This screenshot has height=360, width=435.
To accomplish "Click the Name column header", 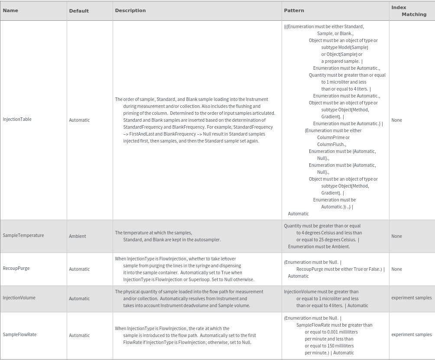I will pos(10,10).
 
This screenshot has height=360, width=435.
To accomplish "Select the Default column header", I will pos(79,11).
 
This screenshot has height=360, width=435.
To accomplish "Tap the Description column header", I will pos(130,10).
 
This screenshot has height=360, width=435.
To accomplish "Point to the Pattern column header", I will pos(294,10).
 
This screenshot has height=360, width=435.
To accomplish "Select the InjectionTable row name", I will pos(17,119).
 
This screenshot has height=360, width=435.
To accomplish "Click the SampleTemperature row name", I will pos(23,235).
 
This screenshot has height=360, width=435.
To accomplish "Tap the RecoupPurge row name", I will pos(16,268).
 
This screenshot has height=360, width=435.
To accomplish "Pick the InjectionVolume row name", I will pos(19,298).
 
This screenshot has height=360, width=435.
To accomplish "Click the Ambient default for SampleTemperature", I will pos(78,236).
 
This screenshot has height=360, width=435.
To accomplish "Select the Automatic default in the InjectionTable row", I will pos(79,120).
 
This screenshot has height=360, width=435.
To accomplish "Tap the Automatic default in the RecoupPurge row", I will pos(79,269).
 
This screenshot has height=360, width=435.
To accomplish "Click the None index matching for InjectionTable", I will pos(396,120).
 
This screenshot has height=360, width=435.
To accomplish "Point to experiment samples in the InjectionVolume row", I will pos(411,298).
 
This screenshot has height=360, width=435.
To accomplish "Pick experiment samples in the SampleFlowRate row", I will pos(411,334).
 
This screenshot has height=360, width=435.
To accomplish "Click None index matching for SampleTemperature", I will pos(396,236).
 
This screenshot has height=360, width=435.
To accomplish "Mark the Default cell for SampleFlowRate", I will pos(79,335).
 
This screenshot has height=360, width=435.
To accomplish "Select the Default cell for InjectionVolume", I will pos(79,298).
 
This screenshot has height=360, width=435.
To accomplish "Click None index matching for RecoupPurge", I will pos(396,269).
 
